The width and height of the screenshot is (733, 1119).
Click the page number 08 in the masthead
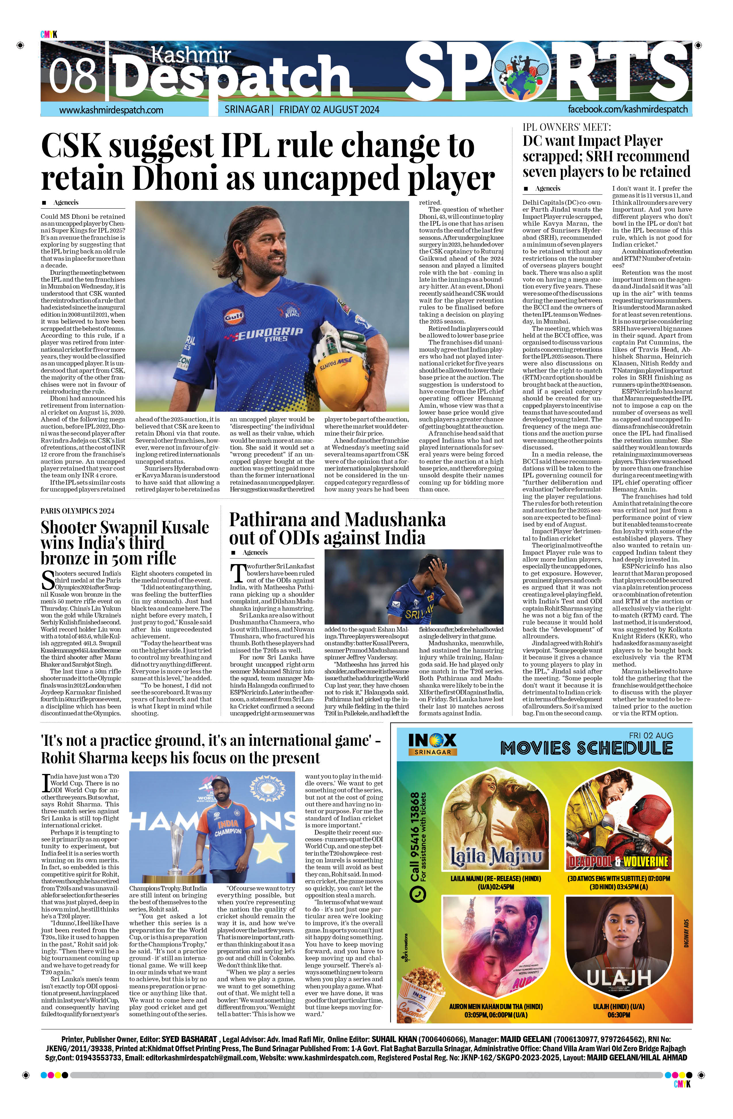pyautogui.click(x=73, y=75)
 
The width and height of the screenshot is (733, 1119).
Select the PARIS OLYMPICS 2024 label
pyautogui.click(x=77, y=511)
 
